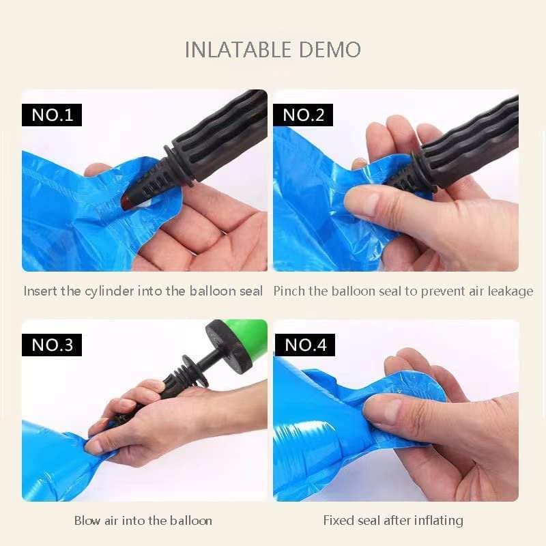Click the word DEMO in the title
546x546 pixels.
(330, 49)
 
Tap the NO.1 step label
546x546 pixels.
(52, 115)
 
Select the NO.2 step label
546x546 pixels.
(303, 115)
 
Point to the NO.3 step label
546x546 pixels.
(52, 345)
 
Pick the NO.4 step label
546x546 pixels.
(305, 345)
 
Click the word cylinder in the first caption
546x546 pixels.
(109, 291)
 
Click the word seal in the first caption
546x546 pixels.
(250, 291)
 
